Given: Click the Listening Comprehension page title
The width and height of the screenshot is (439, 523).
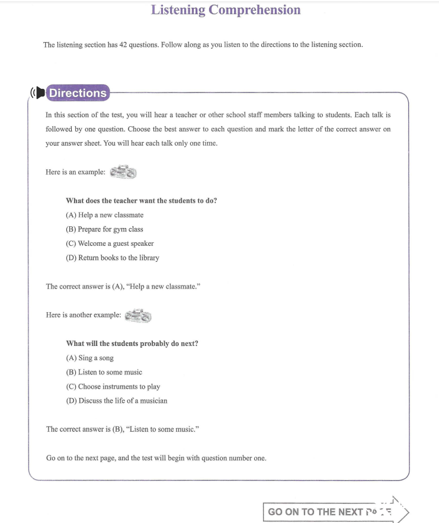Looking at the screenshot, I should pyautogui.click(x=226, y=10).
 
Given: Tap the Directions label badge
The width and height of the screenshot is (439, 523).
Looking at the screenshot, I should pyautogui.click(x=78, y=93).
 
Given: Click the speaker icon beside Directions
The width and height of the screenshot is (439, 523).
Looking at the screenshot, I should pyautogui.click(x=38, y=93).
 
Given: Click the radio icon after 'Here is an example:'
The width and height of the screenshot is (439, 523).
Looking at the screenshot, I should pyautogui.click(x=124, y=172).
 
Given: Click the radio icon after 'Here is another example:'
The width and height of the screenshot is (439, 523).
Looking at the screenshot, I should pyautogui.click(x=138, y=315).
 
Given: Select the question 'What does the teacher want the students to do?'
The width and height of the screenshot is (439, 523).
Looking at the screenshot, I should pyautogui.click(x=141, y=201).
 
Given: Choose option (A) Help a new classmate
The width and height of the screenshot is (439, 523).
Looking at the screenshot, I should pyautogui.click(x=105, y=215).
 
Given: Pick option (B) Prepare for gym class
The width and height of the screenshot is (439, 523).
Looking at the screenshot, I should pyautogui.click(x=105, y=229).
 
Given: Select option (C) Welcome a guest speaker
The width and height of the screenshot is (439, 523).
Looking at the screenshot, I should pyautogui.click(x=110, y=243).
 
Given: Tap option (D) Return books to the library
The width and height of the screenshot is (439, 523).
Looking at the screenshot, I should pyautogui.click(x=113, y=258).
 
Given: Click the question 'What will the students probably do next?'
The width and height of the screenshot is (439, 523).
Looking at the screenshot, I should pyautogui.click(x=132, y=344).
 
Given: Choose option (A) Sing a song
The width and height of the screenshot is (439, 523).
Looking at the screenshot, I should pyautogui.click(x=90, y=358).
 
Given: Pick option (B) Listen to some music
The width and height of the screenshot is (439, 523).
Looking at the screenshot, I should pyautogui.click(x=104, y=372).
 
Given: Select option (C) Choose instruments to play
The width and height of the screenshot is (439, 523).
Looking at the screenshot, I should pyautogui.click(x=113, y=386).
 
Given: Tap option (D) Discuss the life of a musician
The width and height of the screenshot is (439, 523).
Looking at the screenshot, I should pyautogui.click(x=117, y=400).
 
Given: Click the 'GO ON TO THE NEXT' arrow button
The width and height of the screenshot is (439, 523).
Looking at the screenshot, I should pyautogui.click(x=335, y=511).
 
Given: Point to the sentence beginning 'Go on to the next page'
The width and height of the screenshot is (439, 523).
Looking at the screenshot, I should pyautogui.click(x=156, y=458).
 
